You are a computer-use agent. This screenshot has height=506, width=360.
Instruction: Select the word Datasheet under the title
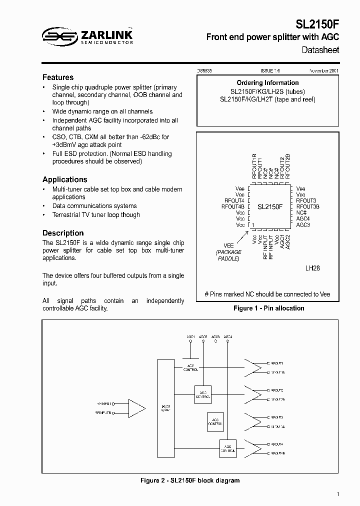(320, 50)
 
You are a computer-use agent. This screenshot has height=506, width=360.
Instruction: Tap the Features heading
(58, 77)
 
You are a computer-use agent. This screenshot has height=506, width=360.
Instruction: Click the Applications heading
(64, 179)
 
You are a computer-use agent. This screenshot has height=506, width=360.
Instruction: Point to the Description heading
(63, 233)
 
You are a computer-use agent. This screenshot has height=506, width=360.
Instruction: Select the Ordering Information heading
(267, 83)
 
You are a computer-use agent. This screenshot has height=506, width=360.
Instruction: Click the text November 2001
(324, 71)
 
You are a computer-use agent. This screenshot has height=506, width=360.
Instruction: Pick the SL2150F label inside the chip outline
(270, 206)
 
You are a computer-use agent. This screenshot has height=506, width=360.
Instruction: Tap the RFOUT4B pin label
(233, 206)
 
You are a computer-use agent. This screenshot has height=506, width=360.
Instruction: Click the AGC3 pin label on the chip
(303, 225)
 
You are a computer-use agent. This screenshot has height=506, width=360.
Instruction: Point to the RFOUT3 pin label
(306, 200)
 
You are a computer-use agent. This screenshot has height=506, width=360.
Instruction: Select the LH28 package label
(312, 268)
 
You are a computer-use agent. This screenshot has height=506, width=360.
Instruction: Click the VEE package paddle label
(228, 246)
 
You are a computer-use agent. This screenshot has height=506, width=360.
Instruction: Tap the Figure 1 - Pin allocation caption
(268, 308)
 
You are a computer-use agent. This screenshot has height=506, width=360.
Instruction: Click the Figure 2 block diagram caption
(189, 480)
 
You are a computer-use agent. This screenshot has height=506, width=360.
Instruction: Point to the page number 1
(338, 494)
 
